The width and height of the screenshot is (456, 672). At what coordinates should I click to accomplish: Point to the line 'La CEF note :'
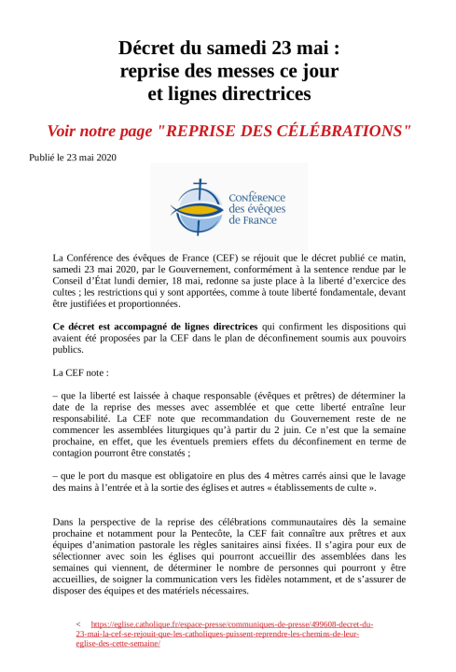pos(85,372)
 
